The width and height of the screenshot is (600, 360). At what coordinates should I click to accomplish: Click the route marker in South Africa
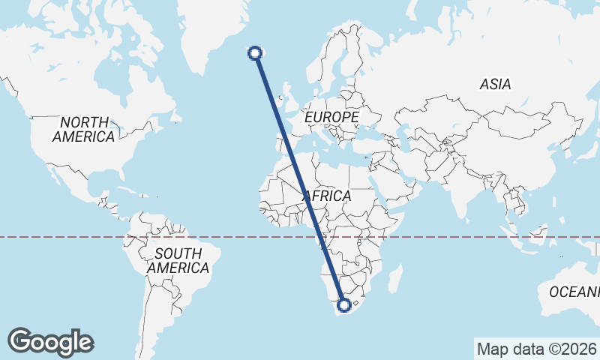click(x=344, y=305)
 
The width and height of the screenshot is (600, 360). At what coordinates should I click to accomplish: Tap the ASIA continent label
click(x=495, y=85)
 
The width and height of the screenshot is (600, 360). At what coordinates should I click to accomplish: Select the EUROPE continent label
click(x=331, y=118)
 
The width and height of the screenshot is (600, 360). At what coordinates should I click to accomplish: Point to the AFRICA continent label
click(x=327, y=196)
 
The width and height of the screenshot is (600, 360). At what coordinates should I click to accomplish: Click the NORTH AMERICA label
click(x=84, y=129)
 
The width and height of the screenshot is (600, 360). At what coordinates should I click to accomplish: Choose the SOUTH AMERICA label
click(x=178, y=260)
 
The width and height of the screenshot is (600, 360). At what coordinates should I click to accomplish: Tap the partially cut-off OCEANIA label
click(x=574, y=291)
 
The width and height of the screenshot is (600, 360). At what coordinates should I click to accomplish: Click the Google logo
click(x=51, y=342)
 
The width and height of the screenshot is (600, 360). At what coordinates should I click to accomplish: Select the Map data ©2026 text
click(x=535, y=349)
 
